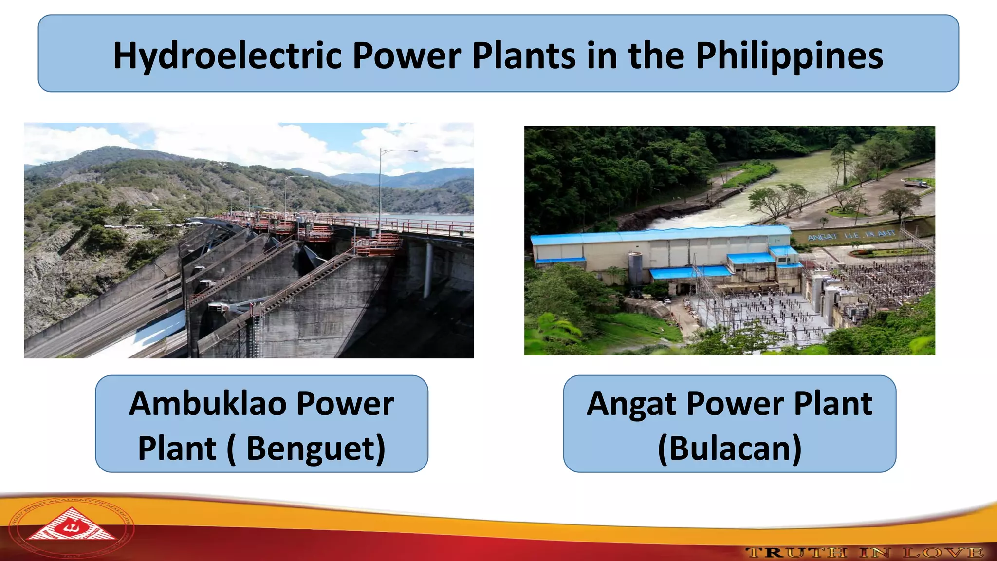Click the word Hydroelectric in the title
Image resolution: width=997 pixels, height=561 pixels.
coord(227,56)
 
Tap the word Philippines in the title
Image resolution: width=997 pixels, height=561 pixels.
coord(789,56)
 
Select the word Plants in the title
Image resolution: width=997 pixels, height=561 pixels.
coord(524,56)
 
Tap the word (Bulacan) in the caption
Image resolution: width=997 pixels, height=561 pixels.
coord(729,448)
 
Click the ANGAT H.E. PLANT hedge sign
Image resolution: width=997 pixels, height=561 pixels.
coord(851,236)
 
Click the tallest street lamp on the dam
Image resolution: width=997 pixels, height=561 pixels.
coord(381,185)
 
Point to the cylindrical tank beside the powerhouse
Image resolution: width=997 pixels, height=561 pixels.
coord(635,268)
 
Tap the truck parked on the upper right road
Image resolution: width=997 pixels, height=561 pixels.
coord(916,184)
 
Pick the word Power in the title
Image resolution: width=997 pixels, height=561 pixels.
coord(406,56)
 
